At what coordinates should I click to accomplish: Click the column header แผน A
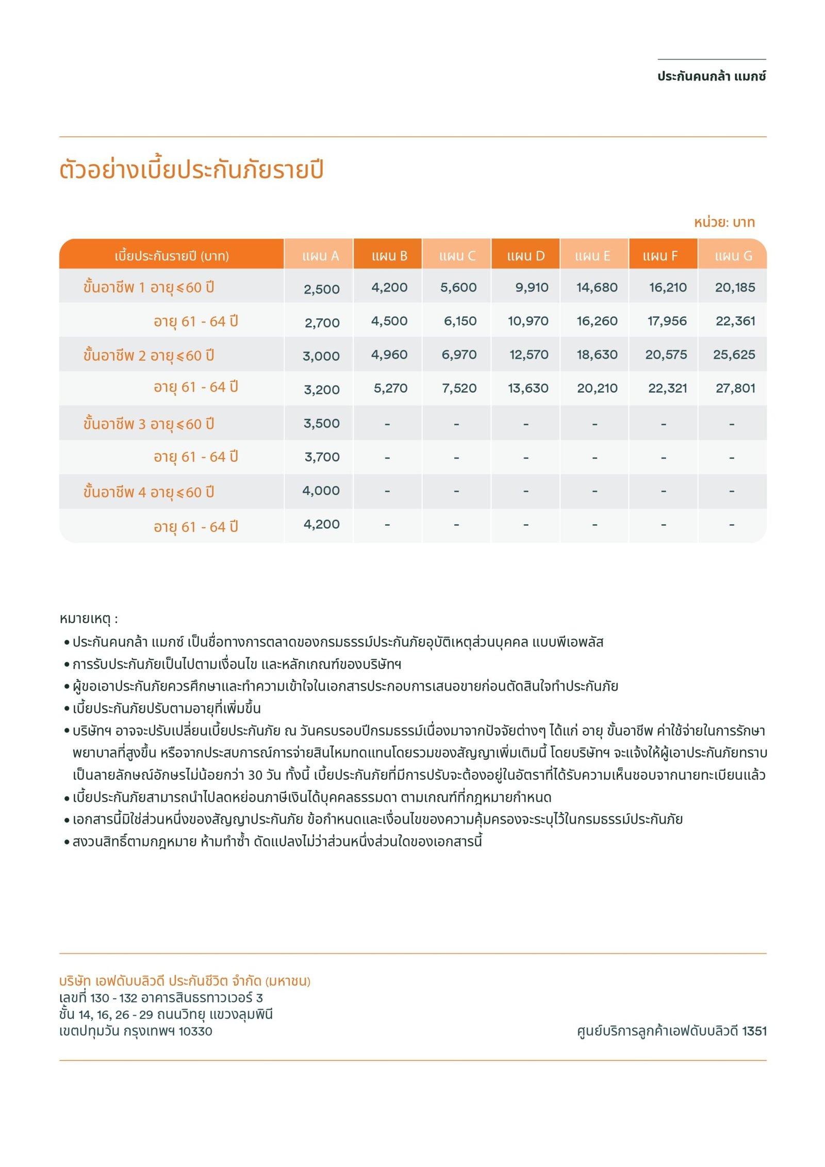(x=320, y=256)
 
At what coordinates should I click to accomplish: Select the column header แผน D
(x=525, y=256)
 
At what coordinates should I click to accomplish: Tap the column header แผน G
(x=733, y=256)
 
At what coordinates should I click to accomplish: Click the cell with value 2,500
(x=321, y=289)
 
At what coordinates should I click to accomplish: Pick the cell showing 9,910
(x=532, y=287)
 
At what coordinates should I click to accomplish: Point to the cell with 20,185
(x=735, y=287)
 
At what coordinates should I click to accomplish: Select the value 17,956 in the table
(x=667, y=321)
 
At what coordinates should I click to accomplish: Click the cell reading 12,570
(x=529, y=354)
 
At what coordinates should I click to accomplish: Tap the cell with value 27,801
(x=735, y=388)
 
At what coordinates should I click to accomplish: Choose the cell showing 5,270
(x=390, y=388)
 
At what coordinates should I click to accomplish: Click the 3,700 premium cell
(x=322, y=457)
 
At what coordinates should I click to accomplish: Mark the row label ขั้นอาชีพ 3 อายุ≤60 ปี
(x=148, y=424)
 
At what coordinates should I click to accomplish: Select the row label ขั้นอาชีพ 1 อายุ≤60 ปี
(x=148, y=287)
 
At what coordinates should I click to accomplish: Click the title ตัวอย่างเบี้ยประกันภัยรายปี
(x=191, y=170)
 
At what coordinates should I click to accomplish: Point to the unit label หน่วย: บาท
(x=724, y=222)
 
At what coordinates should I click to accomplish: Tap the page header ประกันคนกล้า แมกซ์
(x=711, y=76)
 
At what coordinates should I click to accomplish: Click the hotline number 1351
(x=754, y=1031)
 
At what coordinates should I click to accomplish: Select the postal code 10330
(x=195, y=1031)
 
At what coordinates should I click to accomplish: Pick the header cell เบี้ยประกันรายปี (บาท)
(x=172, y=256)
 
